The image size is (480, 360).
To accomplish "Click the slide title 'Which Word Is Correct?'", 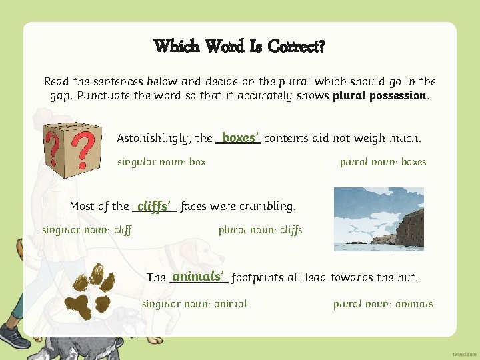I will pos(239,46).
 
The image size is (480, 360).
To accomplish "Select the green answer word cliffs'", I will pos(154,206).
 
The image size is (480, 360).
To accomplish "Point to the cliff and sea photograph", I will pos(378,219).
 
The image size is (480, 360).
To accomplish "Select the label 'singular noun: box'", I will pos(161,162).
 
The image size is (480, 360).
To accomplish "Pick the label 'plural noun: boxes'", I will pos(383,162).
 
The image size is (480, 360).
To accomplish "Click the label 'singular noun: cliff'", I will pos(87,230).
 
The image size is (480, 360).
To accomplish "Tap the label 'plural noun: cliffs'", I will pos(260,230).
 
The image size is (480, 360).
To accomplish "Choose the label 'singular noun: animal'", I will pos(194,304).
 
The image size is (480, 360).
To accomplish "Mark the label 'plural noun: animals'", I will pos(383,304).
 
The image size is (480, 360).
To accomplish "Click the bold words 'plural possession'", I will pos(379,95).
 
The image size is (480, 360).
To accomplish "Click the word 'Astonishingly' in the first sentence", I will pos(154,139).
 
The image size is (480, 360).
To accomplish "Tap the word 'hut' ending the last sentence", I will pos(407,277).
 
